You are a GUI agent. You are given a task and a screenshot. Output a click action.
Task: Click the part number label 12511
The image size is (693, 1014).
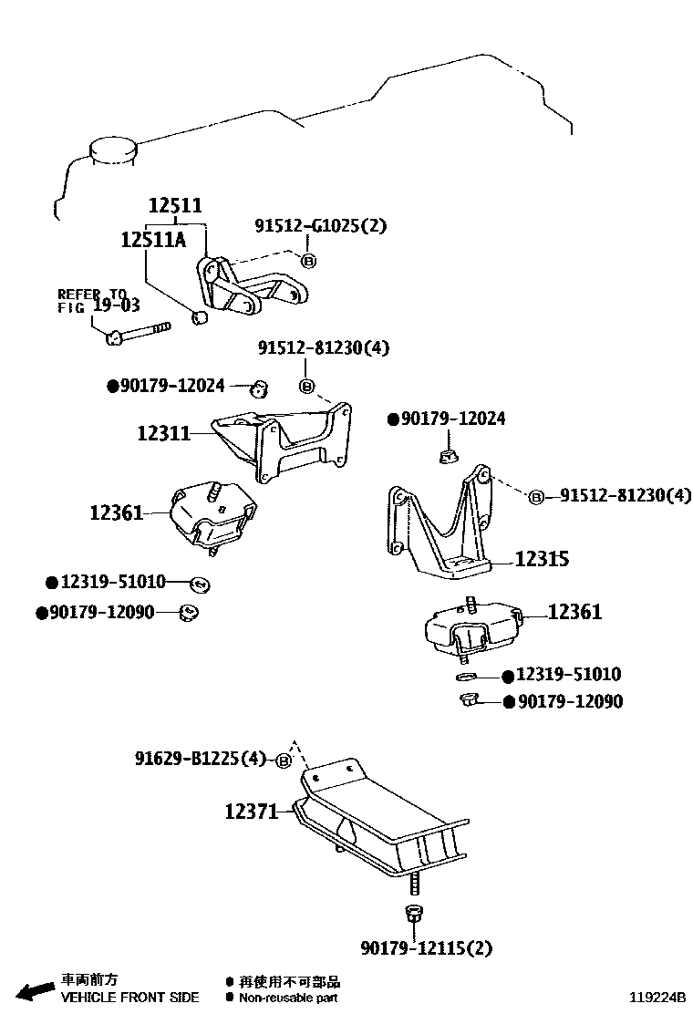tap(175, 207)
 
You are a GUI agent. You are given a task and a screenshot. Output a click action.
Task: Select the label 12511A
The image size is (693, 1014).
tap(153, 240)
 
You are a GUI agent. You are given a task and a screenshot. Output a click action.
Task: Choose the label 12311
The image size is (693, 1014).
tap(164, 433)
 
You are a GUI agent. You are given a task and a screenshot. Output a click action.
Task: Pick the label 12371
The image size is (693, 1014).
tap(252, 810)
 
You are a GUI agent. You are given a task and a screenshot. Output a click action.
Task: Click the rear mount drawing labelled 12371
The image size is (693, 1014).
tap(383, 821)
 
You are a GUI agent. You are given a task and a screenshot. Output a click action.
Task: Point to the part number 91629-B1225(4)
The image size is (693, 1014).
tap(201, 759)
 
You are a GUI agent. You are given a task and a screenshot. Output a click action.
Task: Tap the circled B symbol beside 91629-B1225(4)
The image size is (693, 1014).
tap(284, 760)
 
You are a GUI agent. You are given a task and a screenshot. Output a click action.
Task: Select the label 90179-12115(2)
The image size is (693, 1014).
tap(426, 948)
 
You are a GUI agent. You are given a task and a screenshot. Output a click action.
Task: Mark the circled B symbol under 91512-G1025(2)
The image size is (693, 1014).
tap(308, 261)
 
